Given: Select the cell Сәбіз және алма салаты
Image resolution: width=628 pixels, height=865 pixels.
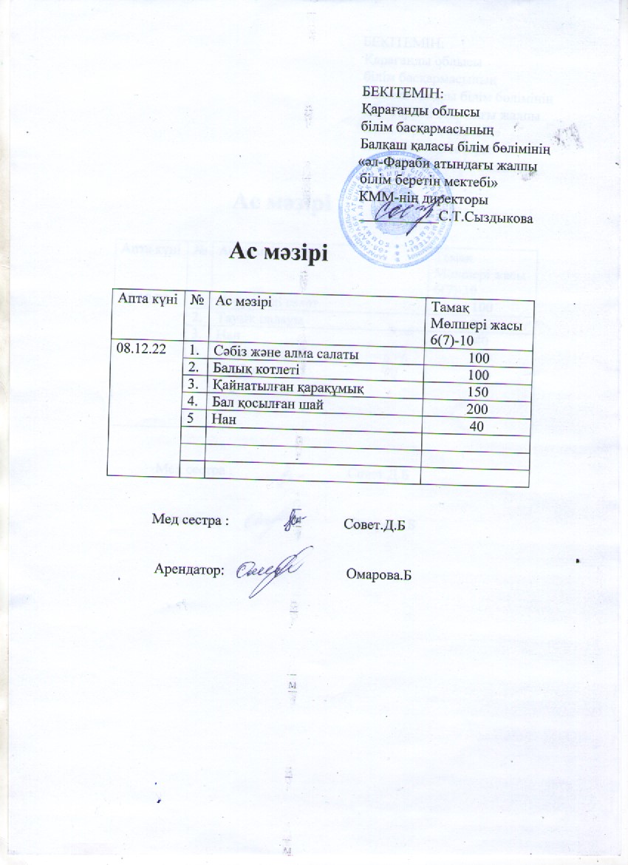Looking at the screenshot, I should tap(285, 354).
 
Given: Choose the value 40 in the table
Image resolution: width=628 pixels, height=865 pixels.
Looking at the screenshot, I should tap(477, 426).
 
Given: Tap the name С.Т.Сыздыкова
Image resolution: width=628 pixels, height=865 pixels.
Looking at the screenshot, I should tap(484, 217).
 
